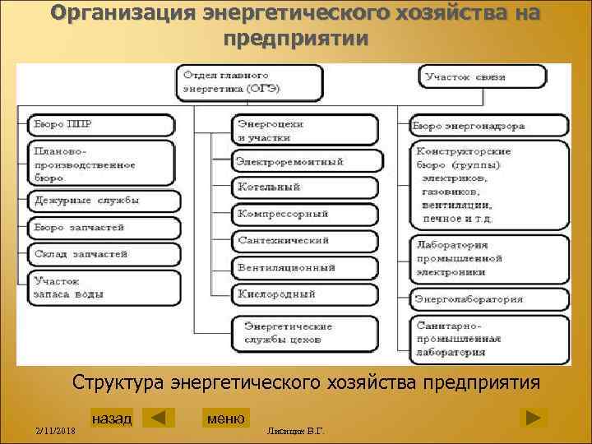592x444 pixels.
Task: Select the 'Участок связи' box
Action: tap(483, 77)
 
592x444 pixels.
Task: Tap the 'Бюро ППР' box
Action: tap(98, 125)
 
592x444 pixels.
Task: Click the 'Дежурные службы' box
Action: tap(98, 200)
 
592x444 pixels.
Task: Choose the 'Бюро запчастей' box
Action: tap(98, 226)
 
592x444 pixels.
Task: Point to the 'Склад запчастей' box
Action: tap(98, 253)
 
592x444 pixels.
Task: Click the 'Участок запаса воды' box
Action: tap(98, 286)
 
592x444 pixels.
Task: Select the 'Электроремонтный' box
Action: tap(307, 161)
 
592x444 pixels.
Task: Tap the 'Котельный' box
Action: tap(305, 187)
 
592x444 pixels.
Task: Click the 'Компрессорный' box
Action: tap(305, 214)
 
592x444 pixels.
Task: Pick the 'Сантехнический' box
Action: tap(305, 241)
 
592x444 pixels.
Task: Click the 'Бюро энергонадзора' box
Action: tap(488, 127)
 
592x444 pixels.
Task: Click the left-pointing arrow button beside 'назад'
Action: tap(159, 418)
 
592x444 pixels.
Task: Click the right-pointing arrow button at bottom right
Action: tap(534, 418)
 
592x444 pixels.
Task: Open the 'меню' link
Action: tap(225, 418)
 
